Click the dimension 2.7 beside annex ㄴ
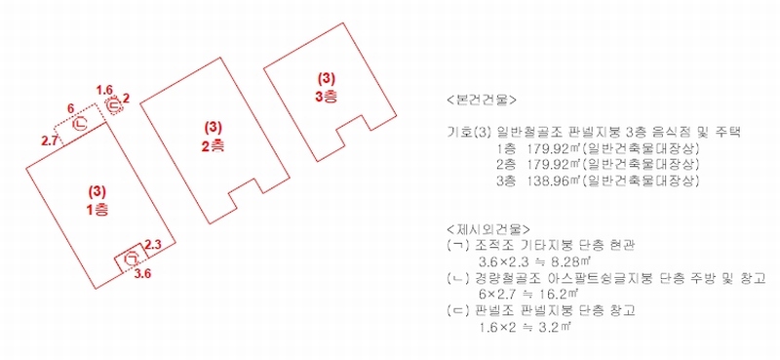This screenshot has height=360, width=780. coord(49,140)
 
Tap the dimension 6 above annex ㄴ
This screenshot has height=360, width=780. coord(70,108)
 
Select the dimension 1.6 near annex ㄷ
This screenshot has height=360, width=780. coord(104,90)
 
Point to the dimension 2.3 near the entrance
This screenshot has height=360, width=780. coord(153,244)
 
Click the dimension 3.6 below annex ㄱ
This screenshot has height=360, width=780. coord(143,273)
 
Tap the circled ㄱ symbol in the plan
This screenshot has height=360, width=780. coord(132,258)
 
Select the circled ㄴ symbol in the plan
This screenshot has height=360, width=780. coord(80,124)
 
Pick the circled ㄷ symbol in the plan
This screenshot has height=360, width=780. coord(114,105)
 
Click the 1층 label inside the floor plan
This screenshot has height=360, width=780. coord(97,210)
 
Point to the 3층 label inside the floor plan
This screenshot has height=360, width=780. coord(326,98)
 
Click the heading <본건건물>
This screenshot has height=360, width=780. coord(482,99)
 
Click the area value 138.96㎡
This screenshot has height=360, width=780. coord(548,181)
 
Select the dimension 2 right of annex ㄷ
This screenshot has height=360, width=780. coord(127,100)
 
